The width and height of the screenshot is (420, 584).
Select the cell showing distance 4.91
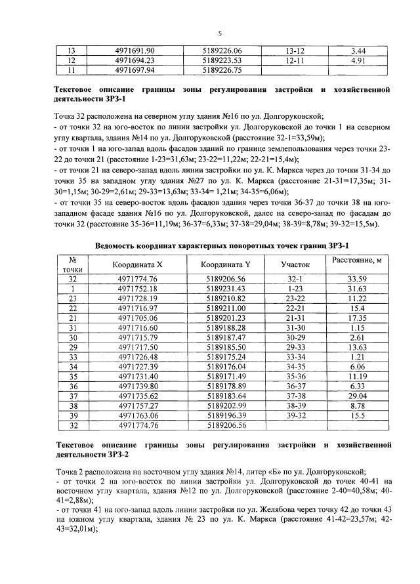(358, 60)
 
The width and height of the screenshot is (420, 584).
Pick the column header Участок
(295, 282)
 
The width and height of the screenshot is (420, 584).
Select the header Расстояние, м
(358, 278)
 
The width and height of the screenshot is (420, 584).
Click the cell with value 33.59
(358, 297)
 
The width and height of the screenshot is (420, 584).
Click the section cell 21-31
(295, 336)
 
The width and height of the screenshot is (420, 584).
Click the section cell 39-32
(295, 415)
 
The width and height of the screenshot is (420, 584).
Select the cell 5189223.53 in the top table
(223, 60)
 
